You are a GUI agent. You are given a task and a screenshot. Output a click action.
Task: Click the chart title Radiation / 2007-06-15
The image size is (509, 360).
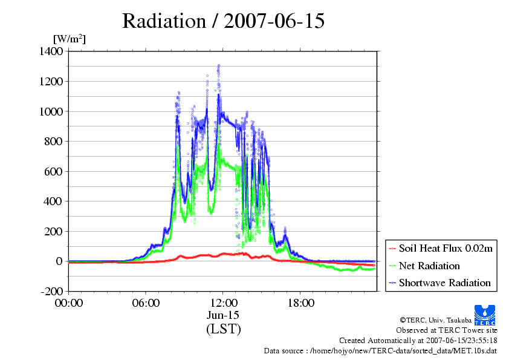click(223, 21)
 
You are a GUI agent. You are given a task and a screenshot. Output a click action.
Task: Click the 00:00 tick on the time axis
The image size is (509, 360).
click(68, 303)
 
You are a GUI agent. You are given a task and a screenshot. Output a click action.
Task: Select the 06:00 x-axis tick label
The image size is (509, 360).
click(146, 303)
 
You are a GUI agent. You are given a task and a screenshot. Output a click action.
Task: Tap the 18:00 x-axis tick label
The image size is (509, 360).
click(300, 303)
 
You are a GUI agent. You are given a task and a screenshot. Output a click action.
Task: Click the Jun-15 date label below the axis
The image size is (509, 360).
click(223, 315)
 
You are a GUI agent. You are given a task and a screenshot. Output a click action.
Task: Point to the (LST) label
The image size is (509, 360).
click(223, 329)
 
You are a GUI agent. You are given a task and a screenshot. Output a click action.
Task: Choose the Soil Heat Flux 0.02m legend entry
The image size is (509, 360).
click(441, 249)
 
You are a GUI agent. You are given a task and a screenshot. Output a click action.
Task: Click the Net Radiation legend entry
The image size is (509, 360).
click(429, 266)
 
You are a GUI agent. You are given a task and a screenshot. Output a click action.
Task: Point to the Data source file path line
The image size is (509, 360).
click(380, 350)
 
